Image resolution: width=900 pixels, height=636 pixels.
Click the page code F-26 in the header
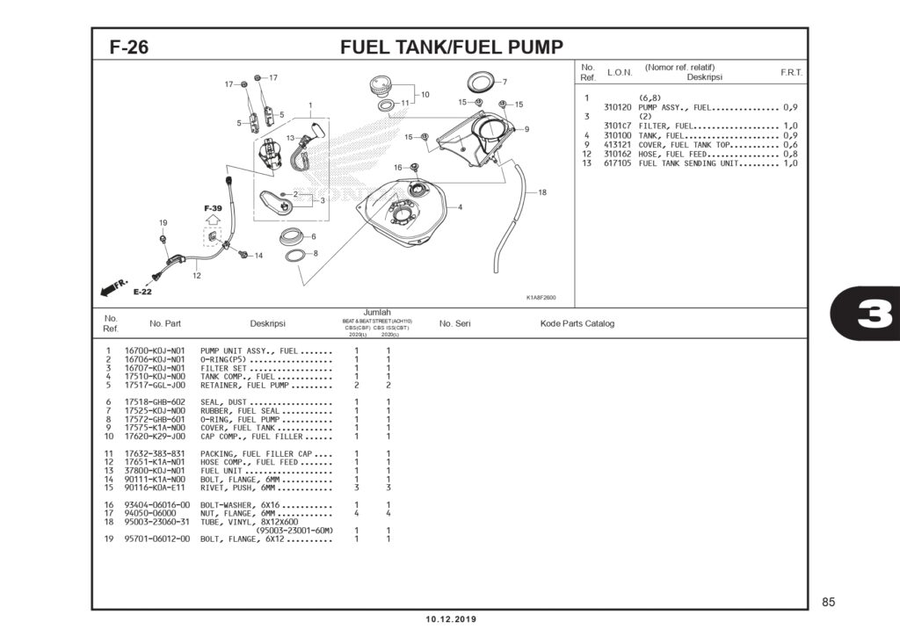[x=128, y=47]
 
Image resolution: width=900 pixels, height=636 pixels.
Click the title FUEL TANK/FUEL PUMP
[x=451, y=47]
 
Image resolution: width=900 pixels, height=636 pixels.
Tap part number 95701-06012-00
[x=157, y=538]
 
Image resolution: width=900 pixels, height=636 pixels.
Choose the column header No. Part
[x=166, y=323]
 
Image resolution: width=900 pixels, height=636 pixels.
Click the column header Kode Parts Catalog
[x=577, y=323]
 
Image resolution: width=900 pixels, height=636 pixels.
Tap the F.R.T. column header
[x=791, y=72]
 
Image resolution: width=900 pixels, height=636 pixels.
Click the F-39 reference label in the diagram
[x=213, y=209]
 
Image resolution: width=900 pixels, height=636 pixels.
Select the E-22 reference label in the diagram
[x=142, y=292]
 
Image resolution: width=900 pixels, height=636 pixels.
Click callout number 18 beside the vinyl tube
[x=542, y=192]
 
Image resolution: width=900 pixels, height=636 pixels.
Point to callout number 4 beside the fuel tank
[x=460, y=207]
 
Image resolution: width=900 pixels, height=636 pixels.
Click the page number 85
[x=828, y=602]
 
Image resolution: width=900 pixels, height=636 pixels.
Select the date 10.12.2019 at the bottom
[x=450, y=619]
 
